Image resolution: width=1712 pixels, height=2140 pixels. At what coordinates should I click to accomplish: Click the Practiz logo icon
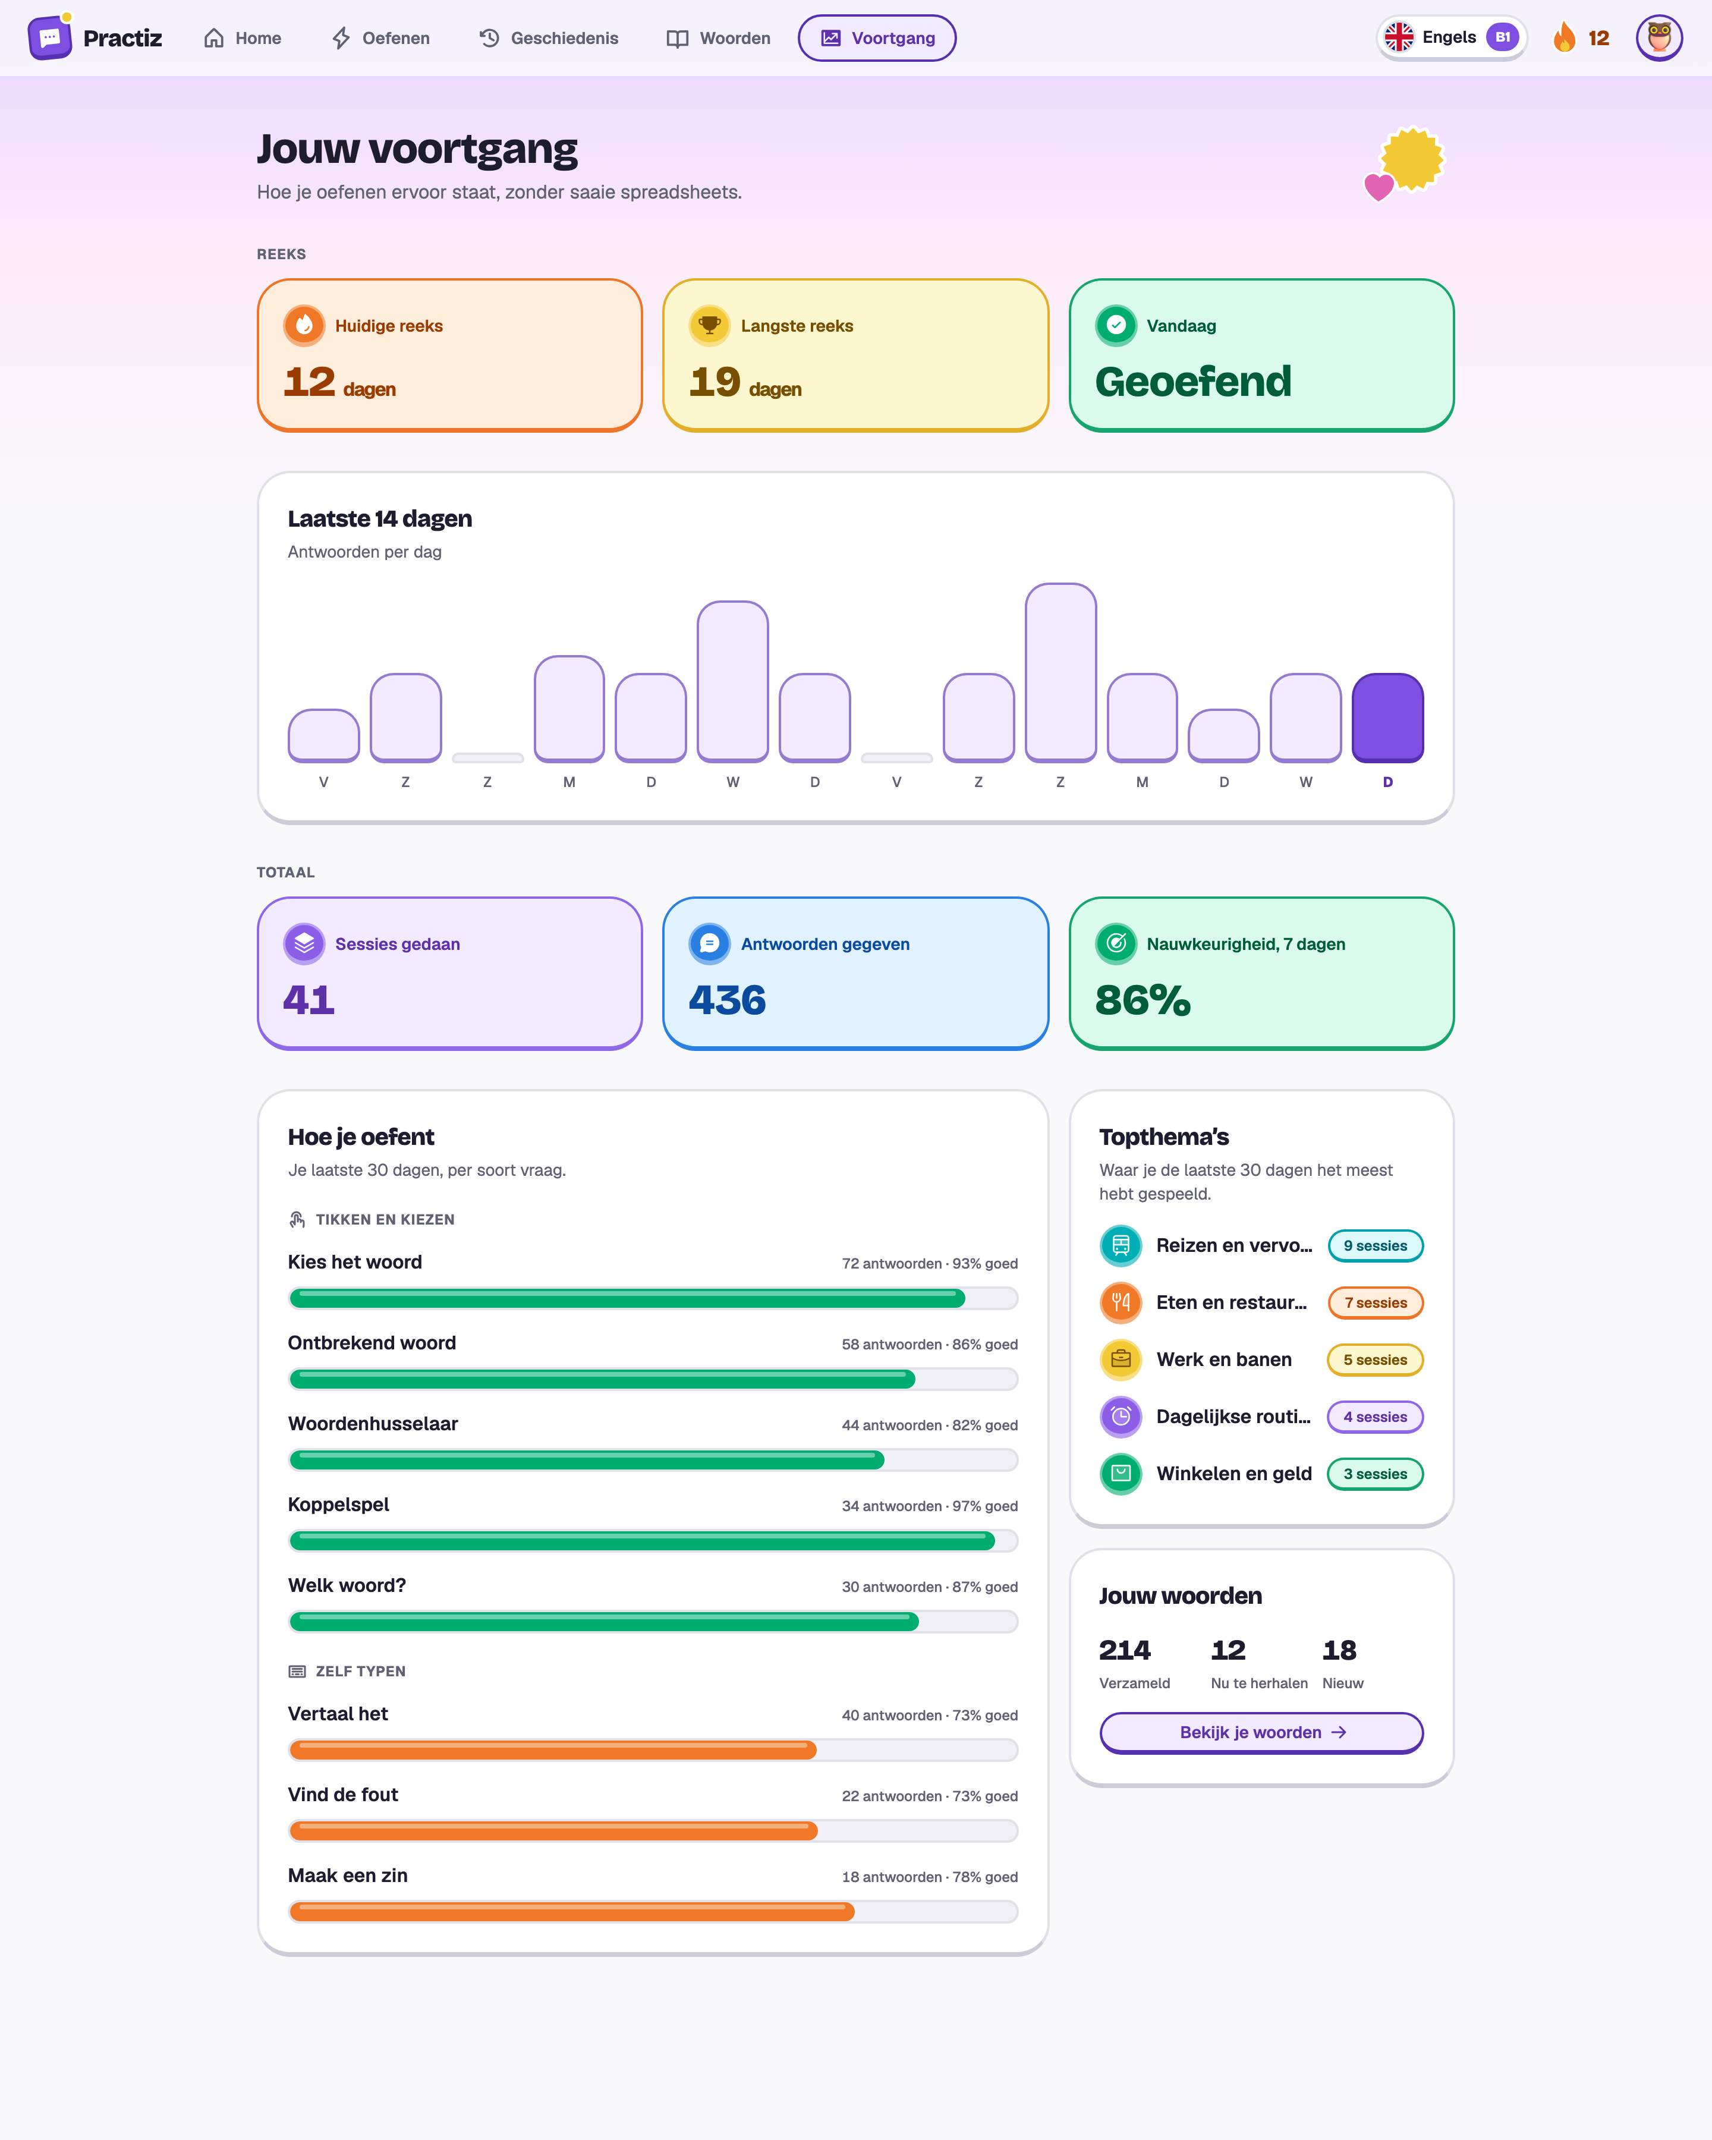point(49,37)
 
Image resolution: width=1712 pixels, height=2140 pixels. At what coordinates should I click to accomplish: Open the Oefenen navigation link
point(380,37)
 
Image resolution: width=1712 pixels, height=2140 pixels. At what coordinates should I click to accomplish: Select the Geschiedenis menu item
point(549,37)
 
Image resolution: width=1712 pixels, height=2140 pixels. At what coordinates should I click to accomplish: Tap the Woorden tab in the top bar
point(719,37)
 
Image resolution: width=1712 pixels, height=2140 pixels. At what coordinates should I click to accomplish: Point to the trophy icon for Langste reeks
point(710,326)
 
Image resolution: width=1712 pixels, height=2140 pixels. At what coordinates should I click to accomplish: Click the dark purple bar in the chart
point(1387,717)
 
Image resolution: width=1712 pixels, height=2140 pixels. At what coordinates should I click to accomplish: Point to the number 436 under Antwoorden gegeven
point(728,999)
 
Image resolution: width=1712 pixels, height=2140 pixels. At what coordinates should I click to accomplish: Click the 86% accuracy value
point(1143,999)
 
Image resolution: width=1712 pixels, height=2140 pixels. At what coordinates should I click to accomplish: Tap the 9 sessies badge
point(1376,1246)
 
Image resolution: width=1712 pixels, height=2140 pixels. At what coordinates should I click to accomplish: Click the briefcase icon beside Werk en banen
point(1121,1360)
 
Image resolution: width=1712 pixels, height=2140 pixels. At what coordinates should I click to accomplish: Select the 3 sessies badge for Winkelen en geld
point(1376,1474)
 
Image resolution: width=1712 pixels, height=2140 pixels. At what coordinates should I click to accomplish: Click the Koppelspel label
point(338,1505)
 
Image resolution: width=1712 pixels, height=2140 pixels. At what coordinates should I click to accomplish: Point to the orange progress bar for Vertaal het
point(553,1750)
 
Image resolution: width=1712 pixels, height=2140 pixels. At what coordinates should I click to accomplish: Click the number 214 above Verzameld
point(1125,1650)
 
